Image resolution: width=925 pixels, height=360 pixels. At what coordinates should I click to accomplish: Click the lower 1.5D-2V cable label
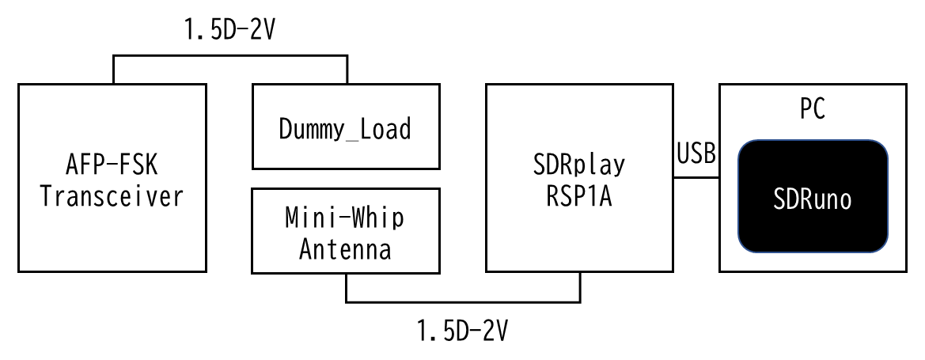pyautogui.click(x=463, y=329)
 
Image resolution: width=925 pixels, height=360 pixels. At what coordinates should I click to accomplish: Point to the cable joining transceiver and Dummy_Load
pyautogui.click(x=230, y=56)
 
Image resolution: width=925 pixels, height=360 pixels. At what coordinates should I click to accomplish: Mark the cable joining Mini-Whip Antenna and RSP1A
pyautogui.click(x=463, y=301)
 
